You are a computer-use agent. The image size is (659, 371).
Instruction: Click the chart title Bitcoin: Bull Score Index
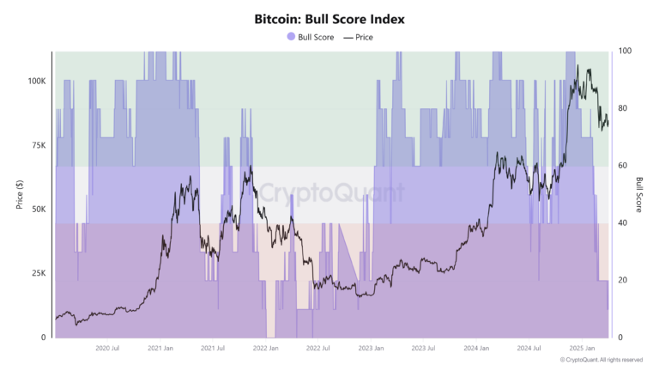click(x=329, y=18)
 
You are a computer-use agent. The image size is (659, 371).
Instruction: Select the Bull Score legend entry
click(x=310, y=37)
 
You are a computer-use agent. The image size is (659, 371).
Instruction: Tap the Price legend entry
click(x=359, y=37)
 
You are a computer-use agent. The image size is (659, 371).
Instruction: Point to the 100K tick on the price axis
click(x=36, y=80)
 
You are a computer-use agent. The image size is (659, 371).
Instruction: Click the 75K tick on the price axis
click(x=39, y=145)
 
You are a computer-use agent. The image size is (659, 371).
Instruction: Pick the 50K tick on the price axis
click(x=39, y=209)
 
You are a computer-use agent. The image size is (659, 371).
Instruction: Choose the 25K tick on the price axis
click(x=39, y=273)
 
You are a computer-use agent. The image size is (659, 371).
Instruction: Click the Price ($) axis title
click(x=19, y=194)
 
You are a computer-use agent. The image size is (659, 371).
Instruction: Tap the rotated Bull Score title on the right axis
click(x=640, y=194)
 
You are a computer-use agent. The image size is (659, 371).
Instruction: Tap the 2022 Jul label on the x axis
click(x=318, y=348)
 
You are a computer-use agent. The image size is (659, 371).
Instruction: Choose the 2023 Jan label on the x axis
click(x=372, y=348)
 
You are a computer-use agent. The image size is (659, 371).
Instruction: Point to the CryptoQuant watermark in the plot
click(x=330, y=192)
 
